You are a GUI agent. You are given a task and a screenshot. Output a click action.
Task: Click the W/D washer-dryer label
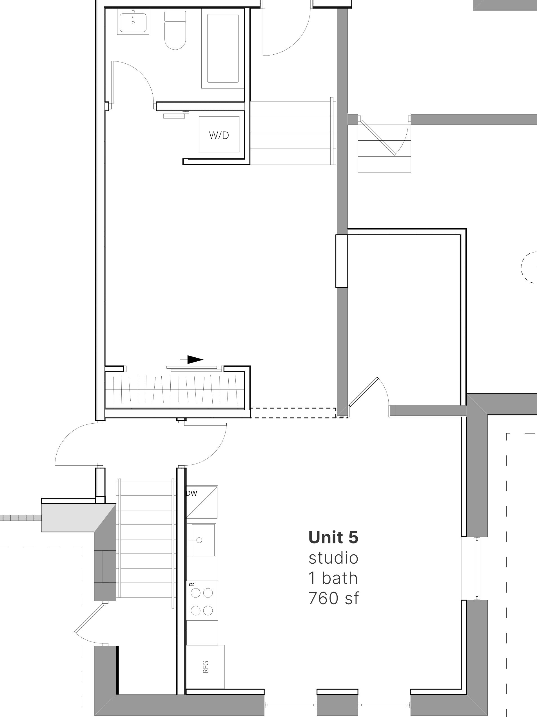coord(219,135)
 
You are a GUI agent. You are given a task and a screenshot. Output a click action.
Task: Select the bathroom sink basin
coord(133,21)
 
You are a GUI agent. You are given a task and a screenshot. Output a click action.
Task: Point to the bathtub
coord(223,48)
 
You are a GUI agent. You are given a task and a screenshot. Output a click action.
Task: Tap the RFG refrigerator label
coord(205,667)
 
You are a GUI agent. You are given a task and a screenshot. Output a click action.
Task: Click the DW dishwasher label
coord(192,493)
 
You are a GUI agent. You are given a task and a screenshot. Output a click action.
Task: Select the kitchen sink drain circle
coord(199,540)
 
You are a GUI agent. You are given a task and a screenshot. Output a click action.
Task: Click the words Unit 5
coord(333,537)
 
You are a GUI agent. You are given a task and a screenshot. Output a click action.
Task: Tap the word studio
coord(333,558)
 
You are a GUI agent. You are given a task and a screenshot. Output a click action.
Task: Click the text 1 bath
coord(333,578)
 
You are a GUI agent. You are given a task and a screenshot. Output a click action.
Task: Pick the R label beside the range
coord(192,584)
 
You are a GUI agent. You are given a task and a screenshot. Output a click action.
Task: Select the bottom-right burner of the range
coord(208,611)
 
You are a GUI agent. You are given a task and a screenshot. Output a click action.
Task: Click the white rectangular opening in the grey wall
coord(341,261)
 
